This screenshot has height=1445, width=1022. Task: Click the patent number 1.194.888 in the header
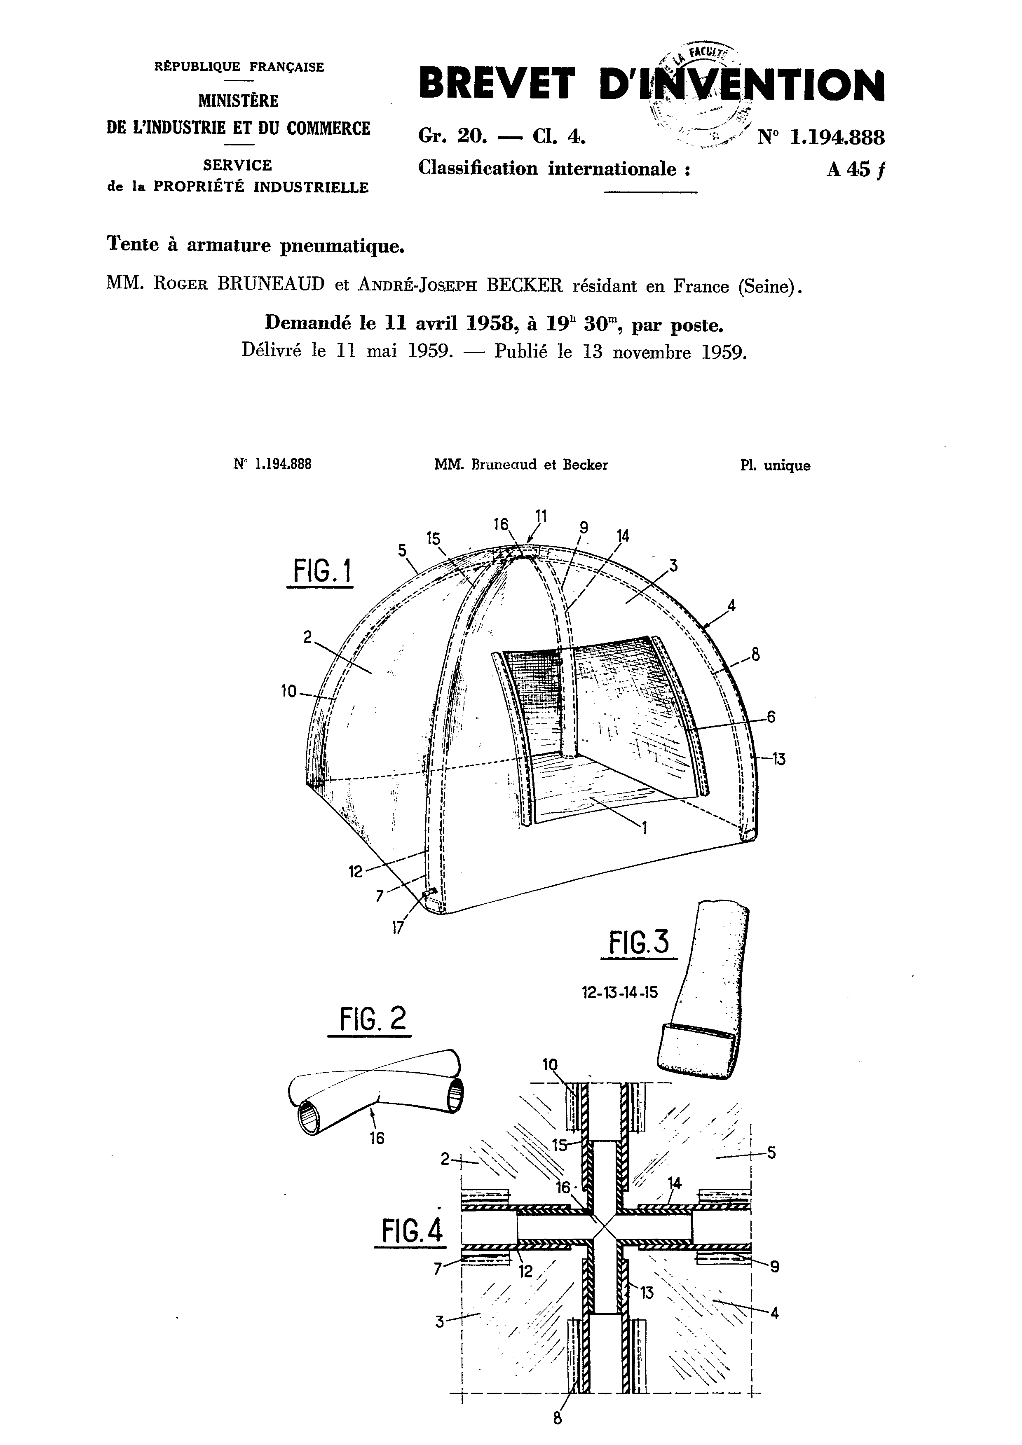pos(837,137)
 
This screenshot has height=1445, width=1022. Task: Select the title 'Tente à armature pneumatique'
pos(255,245)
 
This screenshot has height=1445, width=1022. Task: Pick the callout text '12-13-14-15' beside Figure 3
pos(620,992)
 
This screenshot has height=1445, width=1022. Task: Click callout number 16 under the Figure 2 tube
pos(377,1137)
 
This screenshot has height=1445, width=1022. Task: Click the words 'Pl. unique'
pos(775,466)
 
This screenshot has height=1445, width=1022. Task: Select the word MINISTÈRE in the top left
pos(238,101)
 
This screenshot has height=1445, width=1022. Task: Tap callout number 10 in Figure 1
pos(288,692)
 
